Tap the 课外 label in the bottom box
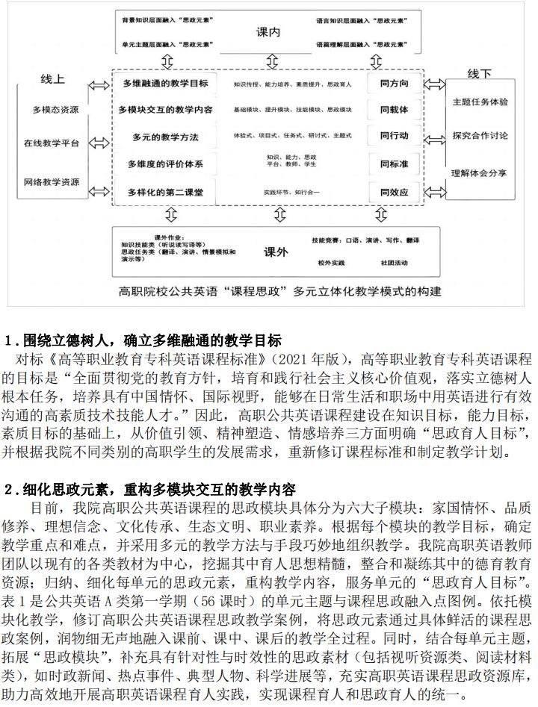(x=276, y=252)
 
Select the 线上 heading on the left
(x=53, y=78)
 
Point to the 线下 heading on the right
(x=479, y=75)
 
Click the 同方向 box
(x=394, y=84)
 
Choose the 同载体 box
(x=394, y=110)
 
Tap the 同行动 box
(x=394, y=137)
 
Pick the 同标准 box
(x=394, y=164)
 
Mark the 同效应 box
(x=394, y=192)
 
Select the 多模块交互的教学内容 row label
(x=165, y=110)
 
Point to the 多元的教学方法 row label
(x=166, y=137)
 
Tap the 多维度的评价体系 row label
(x=165, y=164)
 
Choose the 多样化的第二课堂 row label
(x=165, y=192)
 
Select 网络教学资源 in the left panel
(x=52, y=181)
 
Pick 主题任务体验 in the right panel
(x=480, y=101)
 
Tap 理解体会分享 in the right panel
(x=480, y=172)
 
